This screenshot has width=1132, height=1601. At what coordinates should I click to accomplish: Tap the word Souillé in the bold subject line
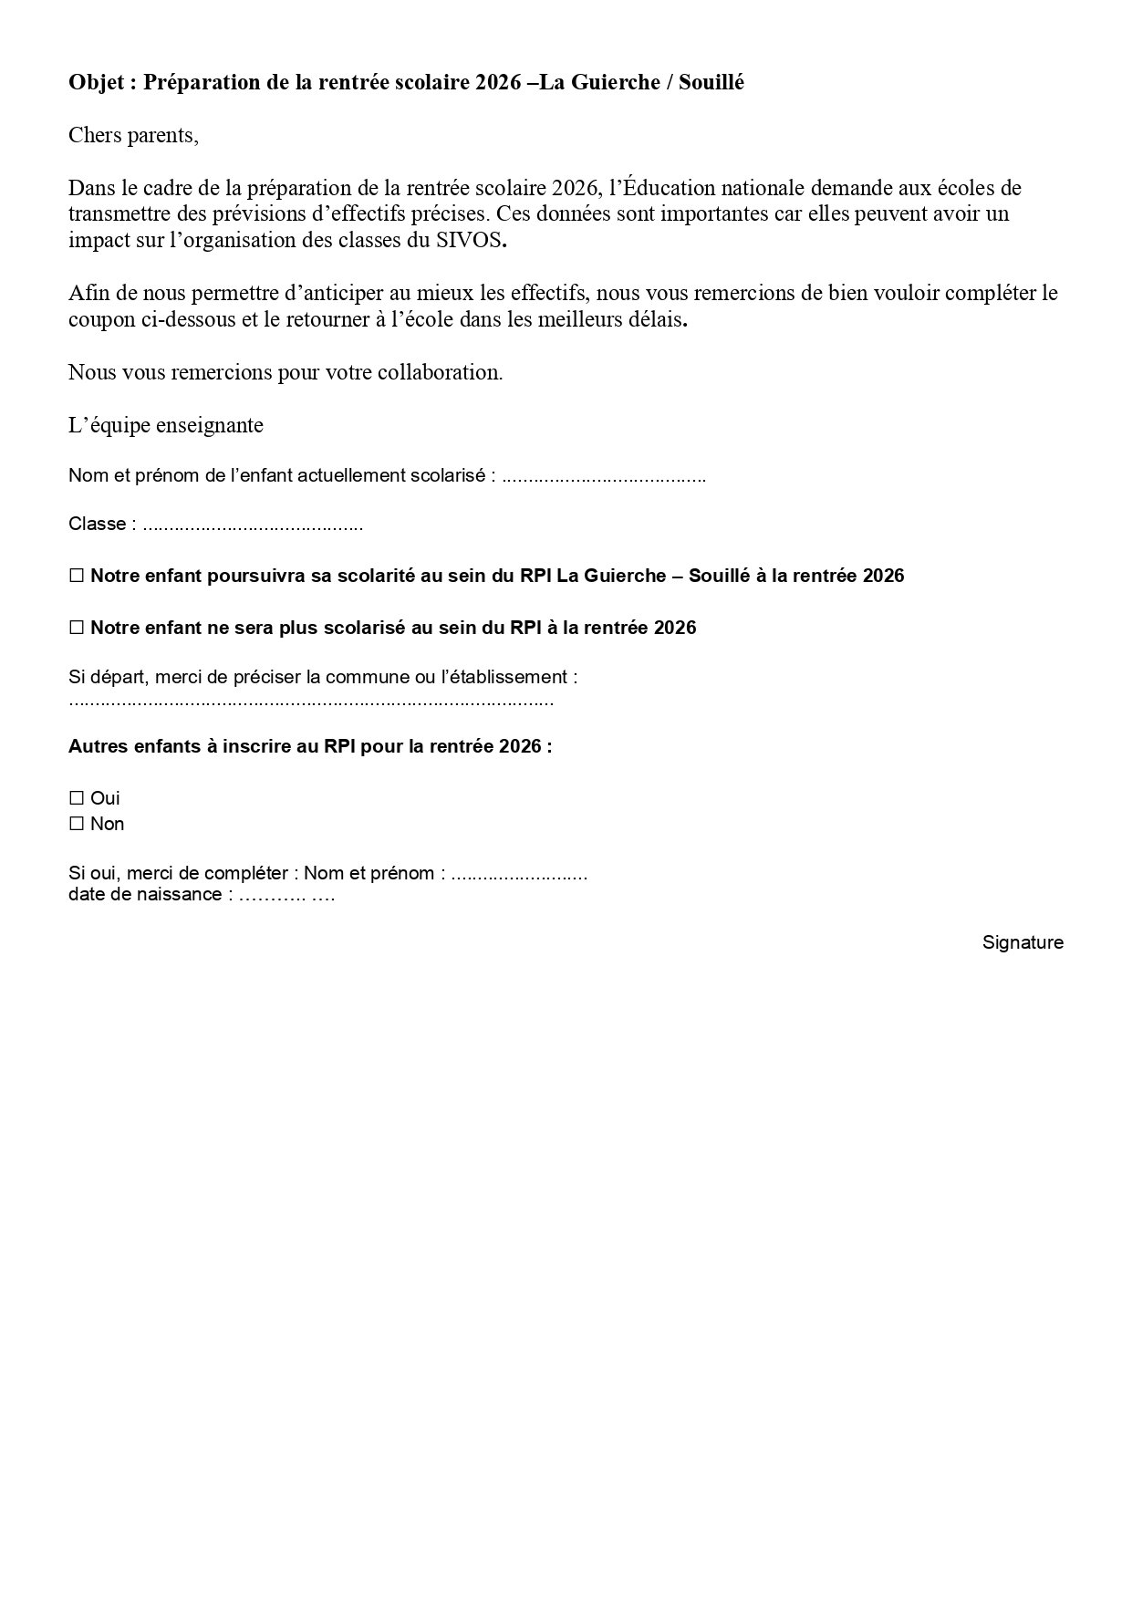711,83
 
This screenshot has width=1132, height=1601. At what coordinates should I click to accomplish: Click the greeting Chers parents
133,136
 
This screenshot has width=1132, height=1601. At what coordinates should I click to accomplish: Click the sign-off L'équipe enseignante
166,426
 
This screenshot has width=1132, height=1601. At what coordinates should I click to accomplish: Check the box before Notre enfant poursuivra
77,577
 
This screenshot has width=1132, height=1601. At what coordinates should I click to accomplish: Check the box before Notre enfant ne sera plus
77,629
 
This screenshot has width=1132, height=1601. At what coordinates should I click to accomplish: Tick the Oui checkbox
77,799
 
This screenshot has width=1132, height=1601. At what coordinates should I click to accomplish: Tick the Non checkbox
77,825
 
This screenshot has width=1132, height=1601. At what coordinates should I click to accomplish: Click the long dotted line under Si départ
311,702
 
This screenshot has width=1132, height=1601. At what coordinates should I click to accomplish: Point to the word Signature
1023,943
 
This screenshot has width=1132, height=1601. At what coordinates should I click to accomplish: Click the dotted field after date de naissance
287,895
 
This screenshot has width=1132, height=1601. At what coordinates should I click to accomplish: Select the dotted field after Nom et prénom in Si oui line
520,875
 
